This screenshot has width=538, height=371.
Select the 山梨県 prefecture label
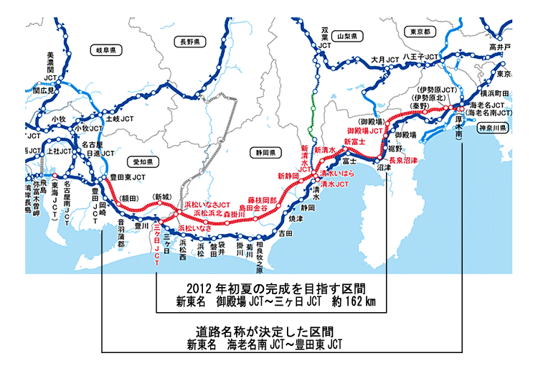click(351, 34)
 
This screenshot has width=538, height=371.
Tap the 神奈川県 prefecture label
click(494, 128)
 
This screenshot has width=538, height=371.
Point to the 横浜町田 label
click(494, 93)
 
